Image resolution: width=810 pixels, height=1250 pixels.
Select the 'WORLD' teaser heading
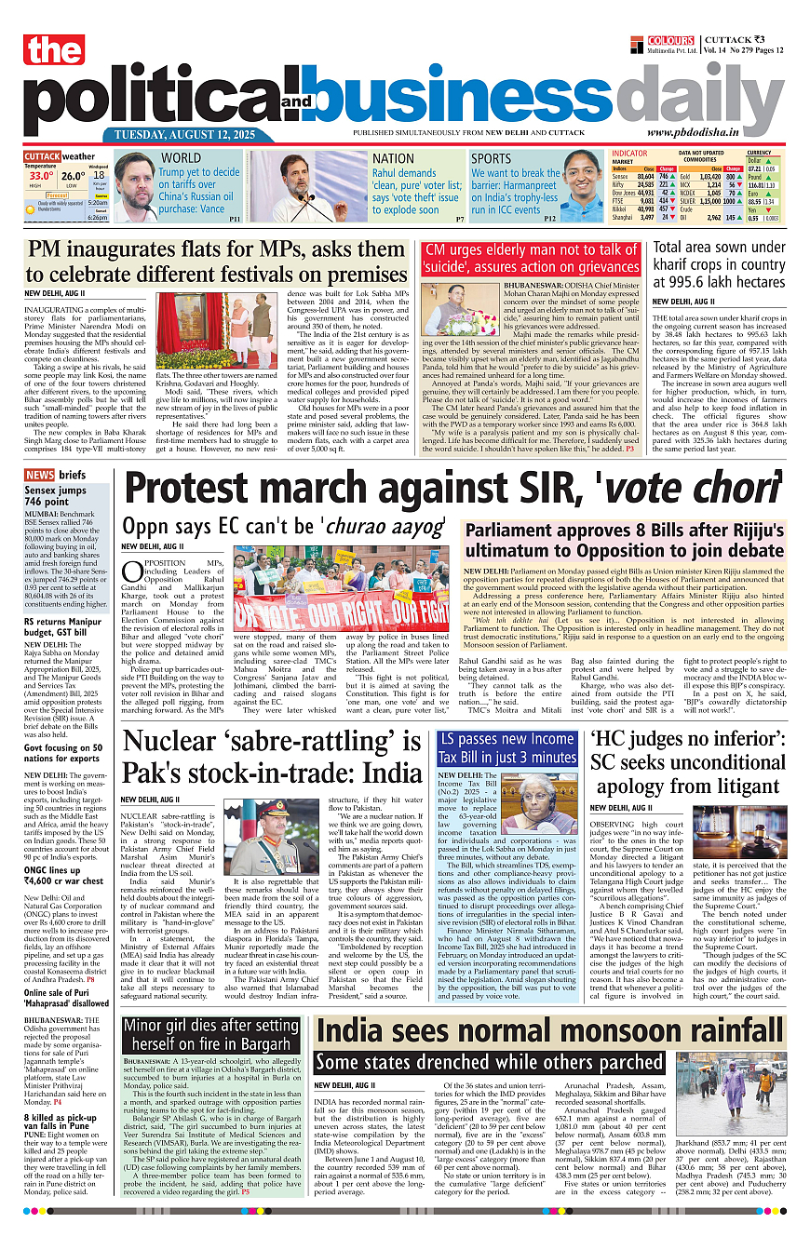coord(182,158)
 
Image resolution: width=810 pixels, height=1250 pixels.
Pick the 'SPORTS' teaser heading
coord(491,158)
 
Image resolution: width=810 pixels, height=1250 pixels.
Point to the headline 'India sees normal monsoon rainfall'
coord(549,1029)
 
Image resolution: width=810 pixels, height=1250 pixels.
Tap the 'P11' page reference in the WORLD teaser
coord(235,219)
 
